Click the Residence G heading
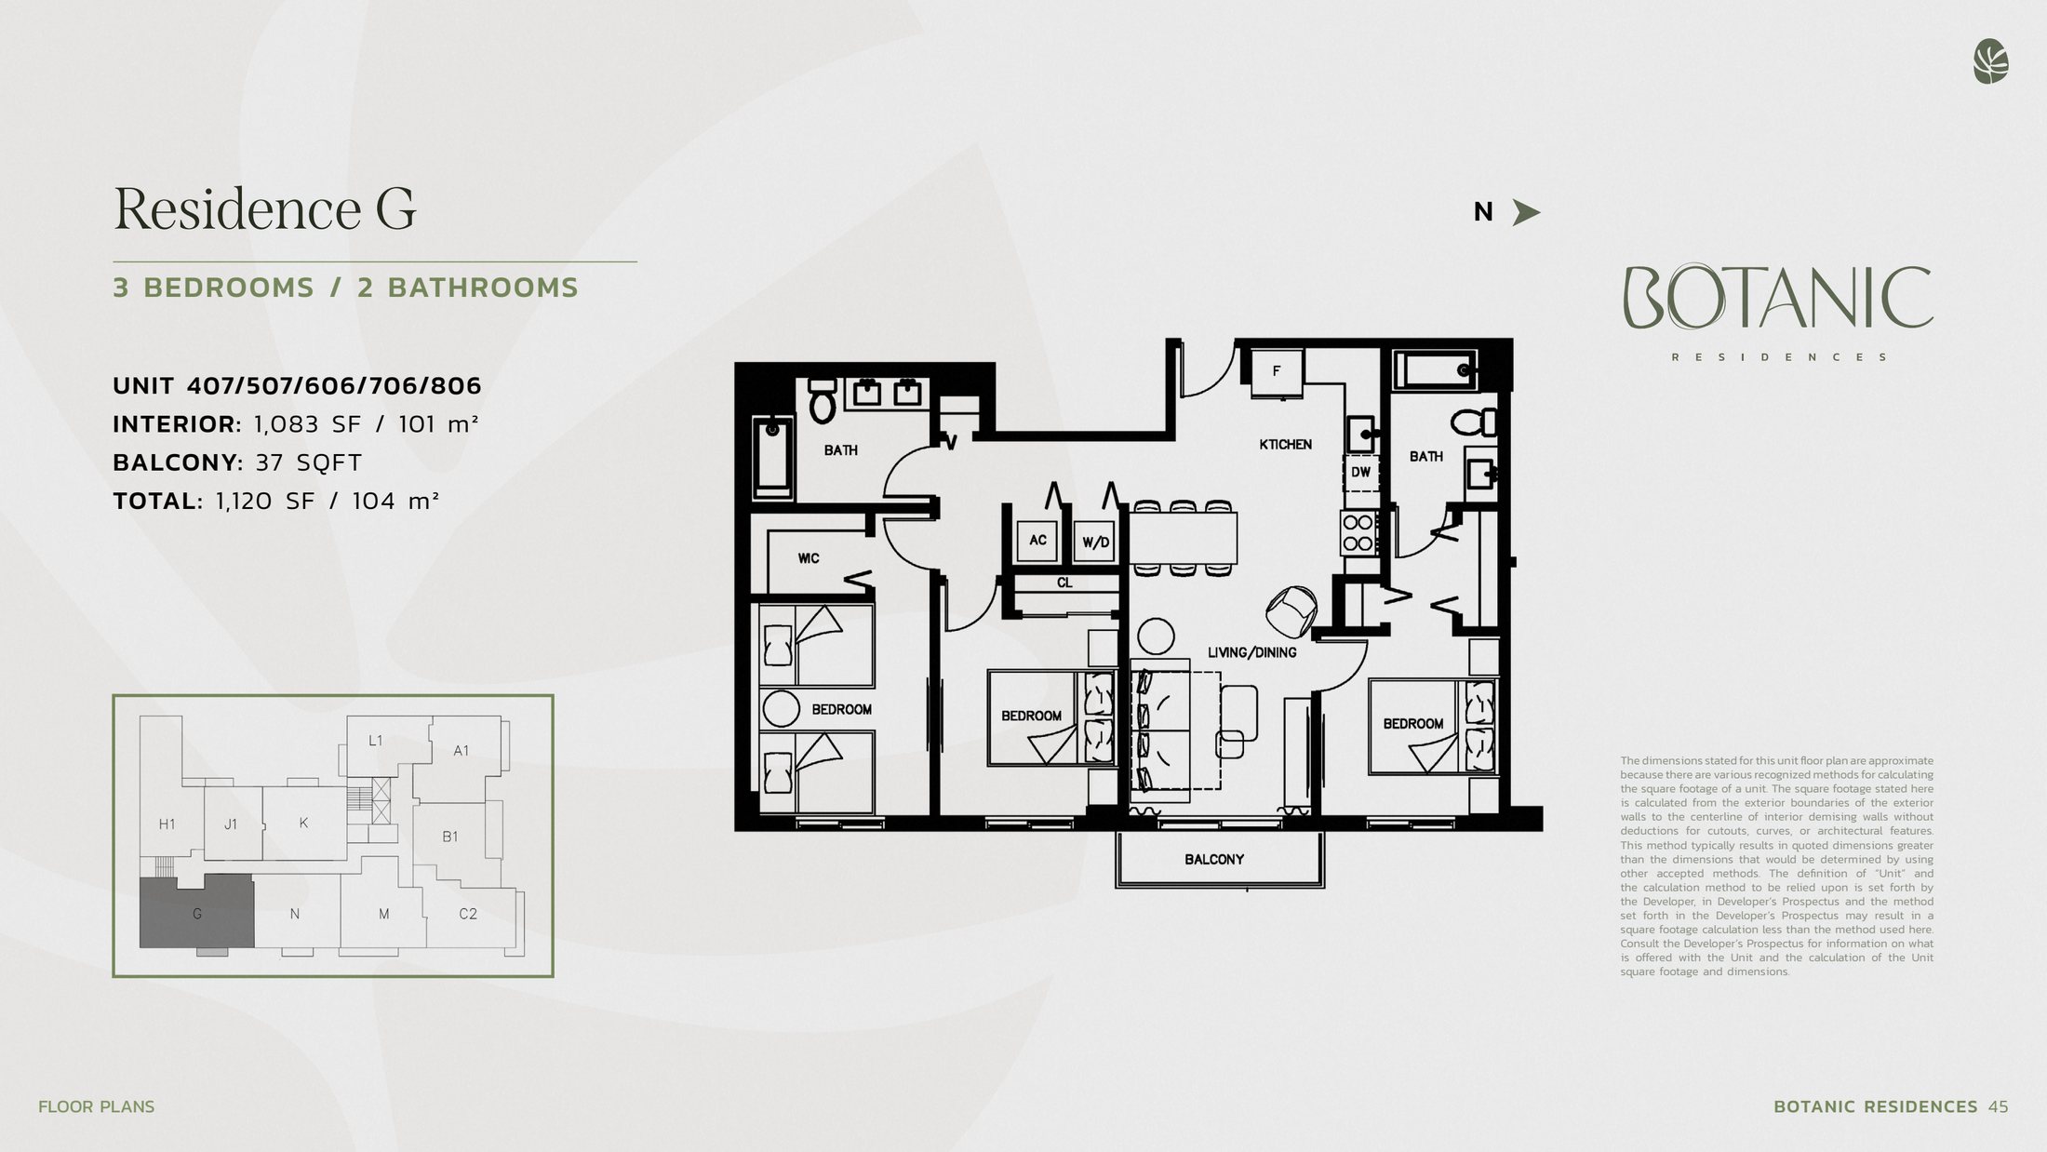point(264,208)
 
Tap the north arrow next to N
point(1526,213)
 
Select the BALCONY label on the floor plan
point(1213,860)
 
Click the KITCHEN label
point(1285,445)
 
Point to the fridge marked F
point(1277,371)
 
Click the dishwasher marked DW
point(1360,473)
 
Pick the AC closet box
point(1037,541)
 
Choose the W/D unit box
point(1095,543)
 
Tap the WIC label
point(808,558)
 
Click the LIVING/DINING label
point(1251,653)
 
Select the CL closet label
point(1064,583)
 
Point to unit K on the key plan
point(303,824)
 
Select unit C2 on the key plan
point(468,914)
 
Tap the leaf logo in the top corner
point(1990,62)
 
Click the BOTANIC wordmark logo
point(1778,298)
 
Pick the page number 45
point(1998,1107)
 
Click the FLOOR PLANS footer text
point(97,1107)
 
